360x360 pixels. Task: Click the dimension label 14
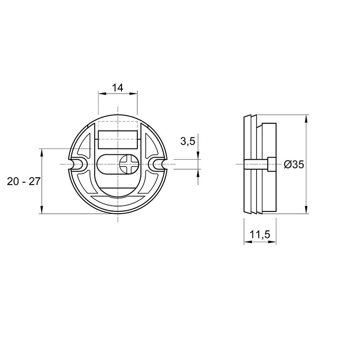[117, 87]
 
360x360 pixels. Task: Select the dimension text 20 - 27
[24, 181]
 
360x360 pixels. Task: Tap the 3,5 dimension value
[188, 141]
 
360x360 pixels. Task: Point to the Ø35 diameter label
[294, 164]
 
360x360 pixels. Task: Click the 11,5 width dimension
[260, 234]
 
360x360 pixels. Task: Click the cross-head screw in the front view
[129, 164]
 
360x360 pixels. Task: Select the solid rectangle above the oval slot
[117, 139]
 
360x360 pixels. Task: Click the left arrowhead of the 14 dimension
[102, 94]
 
